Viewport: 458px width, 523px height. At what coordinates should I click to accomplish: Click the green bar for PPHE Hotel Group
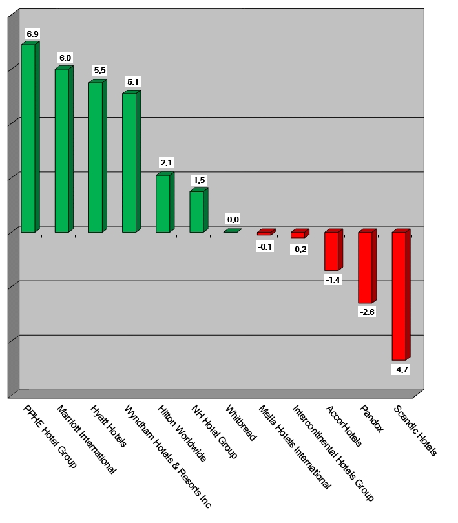point(28,138)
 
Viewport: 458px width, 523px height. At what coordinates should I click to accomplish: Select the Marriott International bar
point(62,150)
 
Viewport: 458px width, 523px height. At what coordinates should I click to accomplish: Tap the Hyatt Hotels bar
point(96,157)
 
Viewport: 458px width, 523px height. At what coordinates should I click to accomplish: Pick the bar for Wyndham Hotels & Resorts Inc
point(129,162)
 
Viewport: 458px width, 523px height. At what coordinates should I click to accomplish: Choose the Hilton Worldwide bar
point(163,203)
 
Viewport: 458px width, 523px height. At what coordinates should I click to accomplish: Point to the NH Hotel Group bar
point(196,211)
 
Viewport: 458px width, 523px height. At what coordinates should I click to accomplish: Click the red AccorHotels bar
point(331,251)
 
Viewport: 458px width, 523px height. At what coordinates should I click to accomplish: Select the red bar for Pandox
point(365,267)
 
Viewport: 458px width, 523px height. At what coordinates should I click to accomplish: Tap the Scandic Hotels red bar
point(399,295)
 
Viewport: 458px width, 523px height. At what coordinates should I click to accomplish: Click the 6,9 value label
point(32,33)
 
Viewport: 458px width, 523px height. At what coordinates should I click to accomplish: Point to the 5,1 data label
point(133,82)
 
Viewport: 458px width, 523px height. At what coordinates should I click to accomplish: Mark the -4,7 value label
point(401,370)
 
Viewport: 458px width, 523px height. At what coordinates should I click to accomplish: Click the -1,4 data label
point(333,280)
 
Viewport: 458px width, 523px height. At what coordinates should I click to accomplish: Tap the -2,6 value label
point(366,312)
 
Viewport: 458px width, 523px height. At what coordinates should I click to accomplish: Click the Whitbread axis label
point(240,423)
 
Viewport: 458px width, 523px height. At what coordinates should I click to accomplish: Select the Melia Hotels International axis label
point(294,447)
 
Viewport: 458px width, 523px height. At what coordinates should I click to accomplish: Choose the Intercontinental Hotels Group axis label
point(333,453)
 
